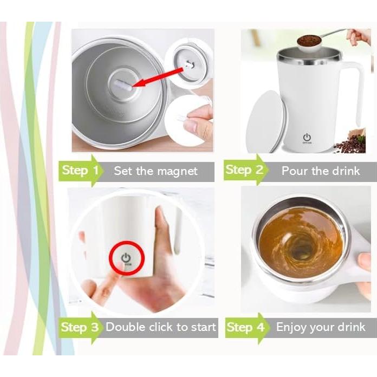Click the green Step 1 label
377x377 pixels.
[x=80, y=171]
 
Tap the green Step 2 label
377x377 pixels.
[x=244, y=171]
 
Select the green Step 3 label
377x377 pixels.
[x=80, y=327]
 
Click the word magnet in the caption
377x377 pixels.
[x=177, y=171]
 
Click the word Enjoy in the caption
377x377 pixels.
[x=292, y=327]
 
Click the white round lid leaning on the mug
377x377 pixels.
[x=265, y=121]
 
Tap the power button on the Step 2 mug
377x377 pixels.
[x=307, y=137]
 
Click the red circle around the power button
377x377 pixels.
[x=126, y=258]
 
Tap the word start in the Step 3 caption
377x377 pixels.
[x=201, y=327]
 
